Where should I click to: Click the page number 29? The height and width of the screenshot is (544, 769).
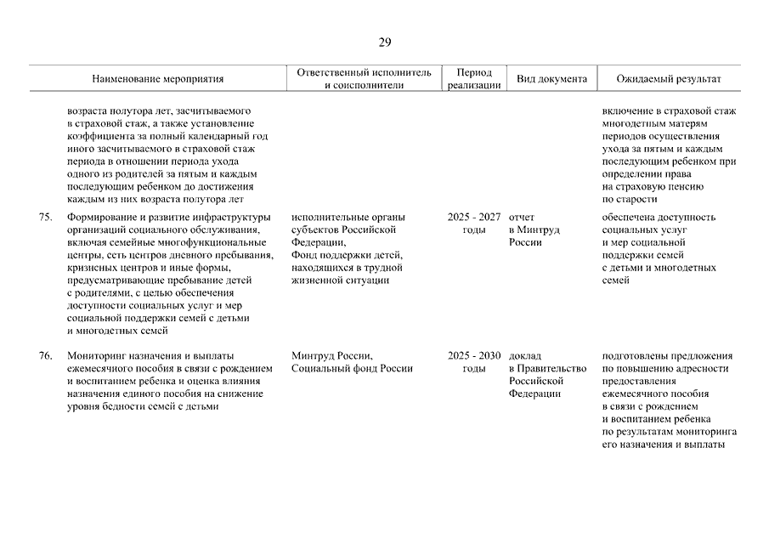(385, 43)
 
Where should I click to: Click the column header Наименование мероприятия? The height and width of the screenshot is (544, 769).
(158, 79)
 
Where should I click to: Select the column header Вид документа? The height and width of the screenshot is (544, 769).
(551, 79)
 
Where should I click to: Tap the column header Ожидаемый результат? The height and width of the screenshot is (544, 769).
(669, 79)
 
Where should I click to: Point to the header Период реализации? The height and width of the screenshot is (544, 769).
(473, 79)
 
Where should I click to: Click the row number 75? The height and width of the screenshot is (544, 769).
(47, 217)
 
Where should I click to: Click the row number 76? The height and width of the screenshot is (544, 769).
(47, 355)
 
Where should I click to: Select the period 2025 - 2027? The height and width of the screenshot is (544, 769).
(473, 217)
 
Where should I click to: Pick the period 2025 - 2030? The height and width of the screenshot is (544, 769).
(473, 355)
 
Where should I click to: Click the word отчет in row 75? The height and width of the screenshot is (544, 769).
(523, 217)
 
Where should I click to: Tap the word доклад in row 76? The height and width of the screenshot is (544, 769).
(525, 355)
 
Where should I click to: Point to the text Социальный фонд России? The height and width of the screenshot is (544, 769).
(351, 368)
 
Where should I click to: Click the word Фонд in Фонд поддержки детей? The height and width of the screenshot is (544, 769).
(303, 255)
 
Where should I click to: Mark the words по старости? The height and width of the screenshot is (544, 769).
(630, 199)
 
